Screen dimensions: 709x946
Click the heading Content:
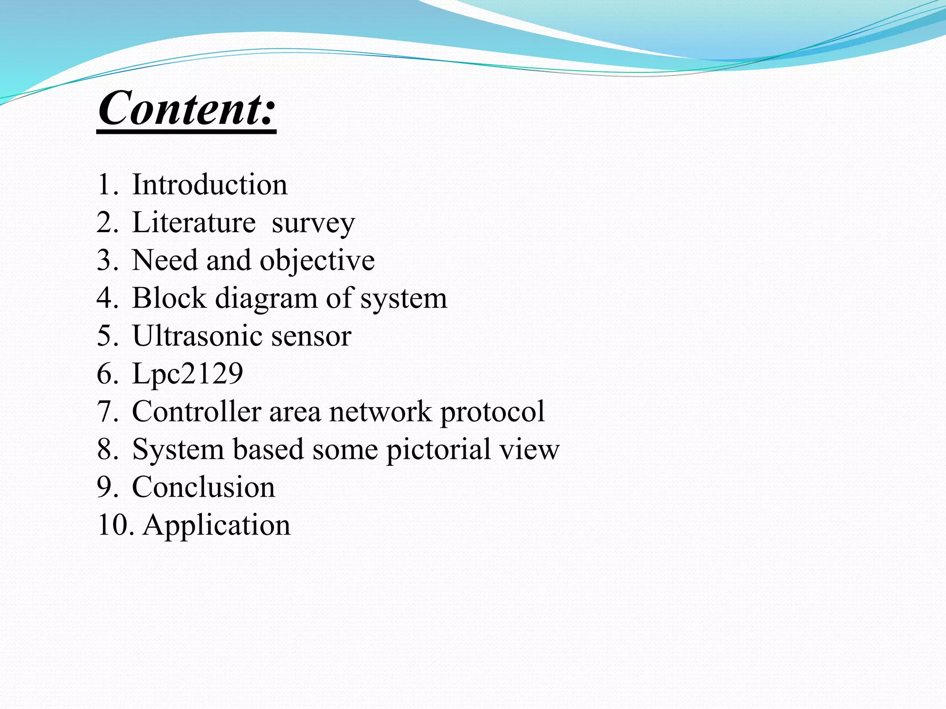click(187, 108)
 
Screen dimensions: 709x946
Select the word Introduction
click(210, 185)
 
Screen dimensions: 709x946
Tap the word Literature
click(194, 222)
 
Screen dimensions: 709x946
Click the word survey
click(313, 224)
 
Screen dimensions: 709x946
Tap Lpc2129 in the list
click(188, 373)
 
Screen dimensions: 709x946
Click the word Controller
click(196, 411)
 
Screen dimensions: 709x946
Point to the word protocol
click(492, 412)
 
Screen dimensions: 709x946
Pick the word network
click(380, 411)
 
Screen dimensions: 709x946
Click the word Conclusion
click(203, 487)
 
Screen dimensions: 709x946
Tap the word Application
click(217, 526)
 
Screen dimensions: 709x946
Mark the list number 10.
click(115, 525)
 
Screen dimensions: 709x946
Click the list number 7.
click(107, 411)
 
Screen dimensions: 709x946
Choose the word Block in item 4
click(169, 298)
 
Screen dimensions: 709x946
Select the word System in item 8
click(178, 450)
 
